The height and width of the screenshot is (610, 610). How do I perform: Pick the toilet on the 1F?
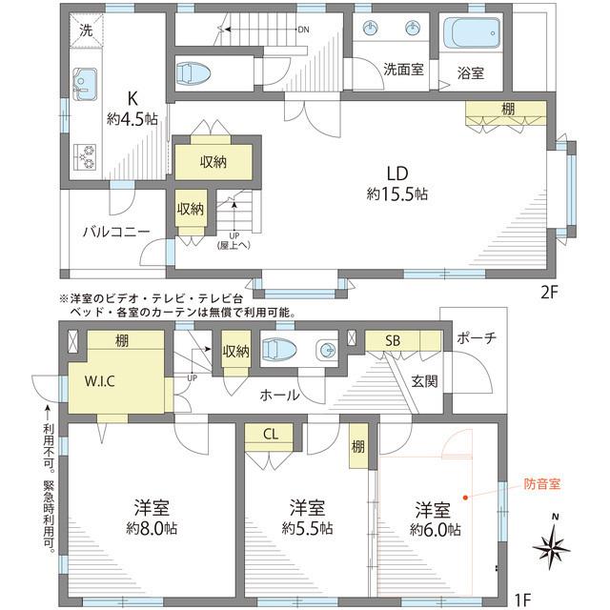283,349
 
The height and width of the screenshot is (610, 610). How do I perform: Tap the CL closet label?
271,434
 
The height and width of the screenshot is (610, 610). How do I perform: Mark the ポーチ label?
476,339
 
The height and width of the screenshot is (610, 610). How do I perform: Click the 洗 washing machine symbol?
87,30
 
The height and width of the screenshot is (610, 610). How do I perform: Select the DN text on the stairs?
303,30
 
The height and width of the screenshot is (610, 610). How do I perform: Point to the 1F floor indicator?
522,599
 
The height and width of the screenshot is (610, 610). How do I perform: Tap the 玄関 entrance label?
424,382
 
